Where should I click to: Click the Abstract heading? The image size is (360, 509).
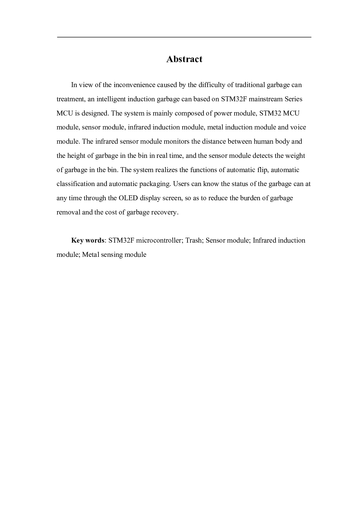coord(184,59)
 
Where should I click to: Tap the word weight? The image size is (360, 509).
coord(295,156)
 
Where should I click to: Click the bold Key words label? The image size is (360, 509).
coord(88,241)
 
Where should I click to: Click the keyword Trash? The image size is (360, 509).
coord(194,241)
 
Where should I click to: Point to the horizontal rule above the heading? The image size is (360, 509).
coord(184,37)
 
